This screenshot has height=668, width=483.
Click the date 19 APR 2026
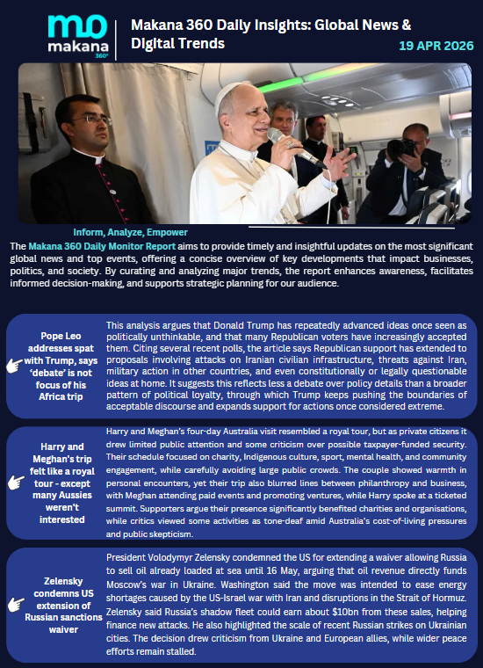coord(436,45)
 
